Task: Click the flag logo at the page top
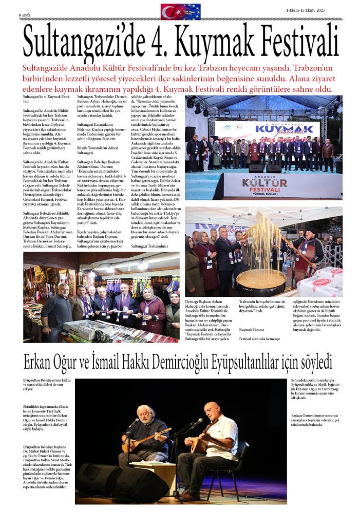click(x=181, y=11)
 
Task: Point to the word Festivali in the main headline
click(x=300, y=42)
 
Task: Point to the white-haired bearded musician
click(x=146, y=431)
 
